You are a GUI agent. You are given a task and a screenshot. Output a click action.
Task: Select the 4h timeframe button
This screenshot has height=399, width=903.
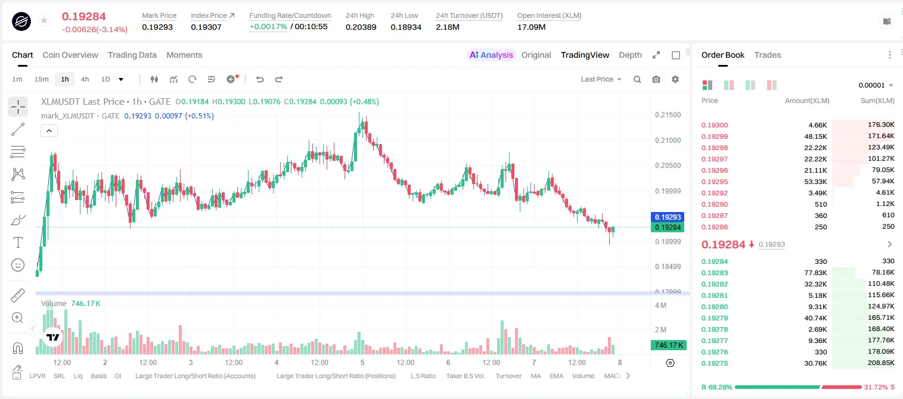(x=85, y=79)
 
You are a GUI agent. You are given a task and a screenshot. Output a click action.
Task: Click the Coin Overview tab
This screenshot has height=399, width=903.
(x=70, y=55)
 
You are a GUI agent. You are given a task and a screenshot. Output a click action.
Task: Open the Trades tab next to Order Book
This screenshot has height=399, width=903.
(x=768, y=55)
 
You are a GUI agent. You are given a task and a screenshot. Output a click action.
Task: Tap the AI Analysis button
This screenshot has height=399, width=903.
(x=491, y=55)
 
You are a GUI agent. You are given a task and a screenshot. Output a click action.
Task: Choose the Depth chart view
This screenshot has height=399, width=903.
(x=630, y=55)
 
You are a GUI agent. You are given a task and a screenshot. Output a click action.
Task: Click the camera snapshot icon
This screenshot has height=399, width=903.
(x=656, y=79)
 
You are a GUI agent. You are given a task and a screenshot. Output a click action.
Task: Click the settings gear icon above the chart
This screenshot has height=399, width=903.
(x=675, y=79)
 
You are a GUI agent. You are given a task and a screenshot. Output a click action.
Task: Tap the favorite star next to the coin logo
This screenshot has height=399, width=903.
(x=44, y=20)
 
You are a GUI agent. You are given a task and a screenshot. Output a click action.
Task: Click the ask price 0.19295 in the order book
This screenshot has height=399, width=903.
(x=714, y=182)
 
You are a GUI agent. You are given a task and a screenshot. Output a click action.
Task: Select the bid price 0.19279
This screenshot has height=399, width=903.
(x=714, y=318)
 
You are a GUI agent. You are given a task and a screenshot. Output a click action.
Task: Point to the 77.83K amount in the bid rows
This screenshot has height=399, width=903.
(x=815, y=273)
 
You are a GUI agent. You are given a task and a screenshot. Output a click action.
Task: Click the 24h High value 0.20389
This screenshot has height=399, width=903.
(x=361, y=27)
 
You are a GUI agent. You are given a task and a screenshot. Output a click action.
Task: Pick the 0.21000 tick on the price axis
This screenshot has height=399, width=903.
(x=668, y=141)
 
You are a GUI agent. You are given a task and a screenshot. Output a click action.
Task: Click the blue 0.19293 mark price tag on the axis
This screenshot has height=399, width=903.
(x=668, y=217)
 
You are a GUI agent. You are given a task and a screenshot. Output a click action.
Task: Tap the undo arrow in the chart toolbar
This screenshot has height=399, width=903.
(x=260, y=79)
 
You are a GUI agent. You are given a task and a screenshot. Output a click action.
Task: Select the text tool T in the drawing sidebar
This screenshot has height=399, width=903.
(x=18, y=242)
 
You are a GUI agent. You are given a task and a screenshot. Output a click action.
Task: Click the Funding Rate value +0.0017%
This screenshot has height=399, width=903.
(x=268, y=27)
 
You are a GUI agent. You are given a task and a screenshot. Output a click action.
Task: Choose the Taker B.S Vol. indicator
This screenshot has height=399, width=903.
(x=465, y=376)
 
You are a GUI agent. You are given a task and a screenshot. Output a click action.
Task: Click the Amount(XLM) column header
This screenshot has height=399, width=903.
(x=806, y=101)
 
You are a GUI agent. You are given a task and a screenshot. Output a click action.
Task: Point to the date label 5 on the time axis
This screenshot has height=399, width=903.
(x=362, y=363)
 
